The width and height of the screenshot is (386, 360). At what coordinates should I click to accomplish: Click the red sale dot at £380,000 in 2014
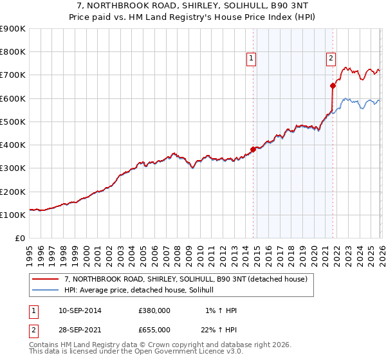pyautogui.click(x=253, y=149)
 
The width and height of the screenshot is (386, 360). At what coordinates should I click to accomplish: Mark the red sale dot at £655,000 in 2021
pyautogui.click(x=333, y=85)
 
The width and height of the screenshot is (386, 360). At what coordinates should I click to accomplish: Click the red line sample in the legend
pyautogui.click(x=46, y=279)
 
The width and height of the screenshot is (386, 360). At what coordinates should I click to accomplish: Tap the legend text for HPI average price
pyautogui.click(x=143, y=291)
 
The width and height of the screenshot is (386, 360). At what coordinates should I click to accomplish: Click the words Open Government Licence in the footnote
pyautogui.click(x=164, y=352)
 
